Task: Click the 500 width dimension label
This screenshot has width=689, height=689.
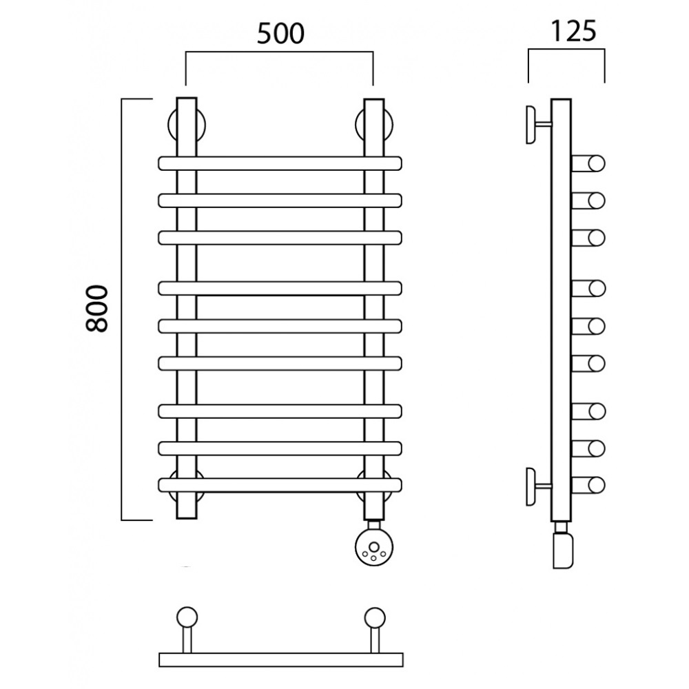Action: [x=280, y=33]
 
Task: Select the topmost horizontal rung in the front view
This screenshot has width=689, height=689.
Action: [x=280, y=163]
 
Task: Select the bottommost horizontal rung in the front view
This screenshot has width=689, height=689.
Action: [x=280, y=485]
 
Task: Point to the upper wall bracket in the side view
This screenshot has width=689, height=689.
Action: [x=534, y=125]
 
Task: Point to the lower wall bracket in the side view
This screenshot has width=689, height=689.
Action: [x=534, y=486]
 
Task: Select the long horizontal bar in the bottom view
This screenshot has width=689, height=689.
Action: [x=280, y=660]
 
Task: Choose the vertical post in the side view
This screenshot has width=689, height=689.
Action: [x=562, y=310]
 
